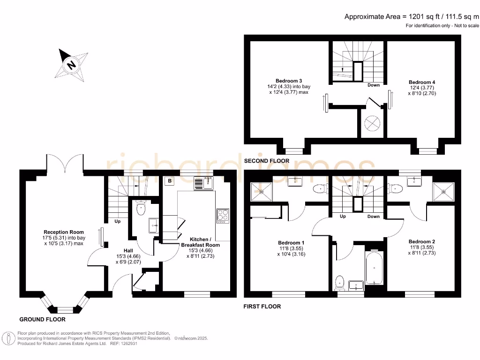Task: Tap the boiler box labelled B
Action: pyautogui.click(x=169, y=180)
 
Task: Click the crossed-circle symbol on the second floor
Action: pyautogui.click(x=373, y=123)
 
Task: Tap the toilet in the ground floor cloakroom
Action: pyautogui.click(x=141, y=208)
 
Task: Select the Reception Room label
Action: pyautogui.click(x=64, y=232)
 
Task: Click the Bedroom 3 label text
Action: pyautogui.click(x=288, y=81)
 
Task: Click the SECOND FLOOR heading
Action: pyautogui.click(x=267, y=161)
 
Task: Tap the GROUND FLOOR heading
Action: pyautogui.click(x=42, y=319)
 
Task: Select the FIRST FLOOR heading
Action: pyautogui.click(x=262, y=307)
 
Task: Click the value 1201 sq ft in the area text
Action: pyautogui.click(x=422, y=16)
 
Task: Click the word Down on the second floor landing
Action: pyautogui.click(x=374, y=85)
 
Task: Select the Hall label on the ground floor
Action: pyautogui.click(x=128, y=250)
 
